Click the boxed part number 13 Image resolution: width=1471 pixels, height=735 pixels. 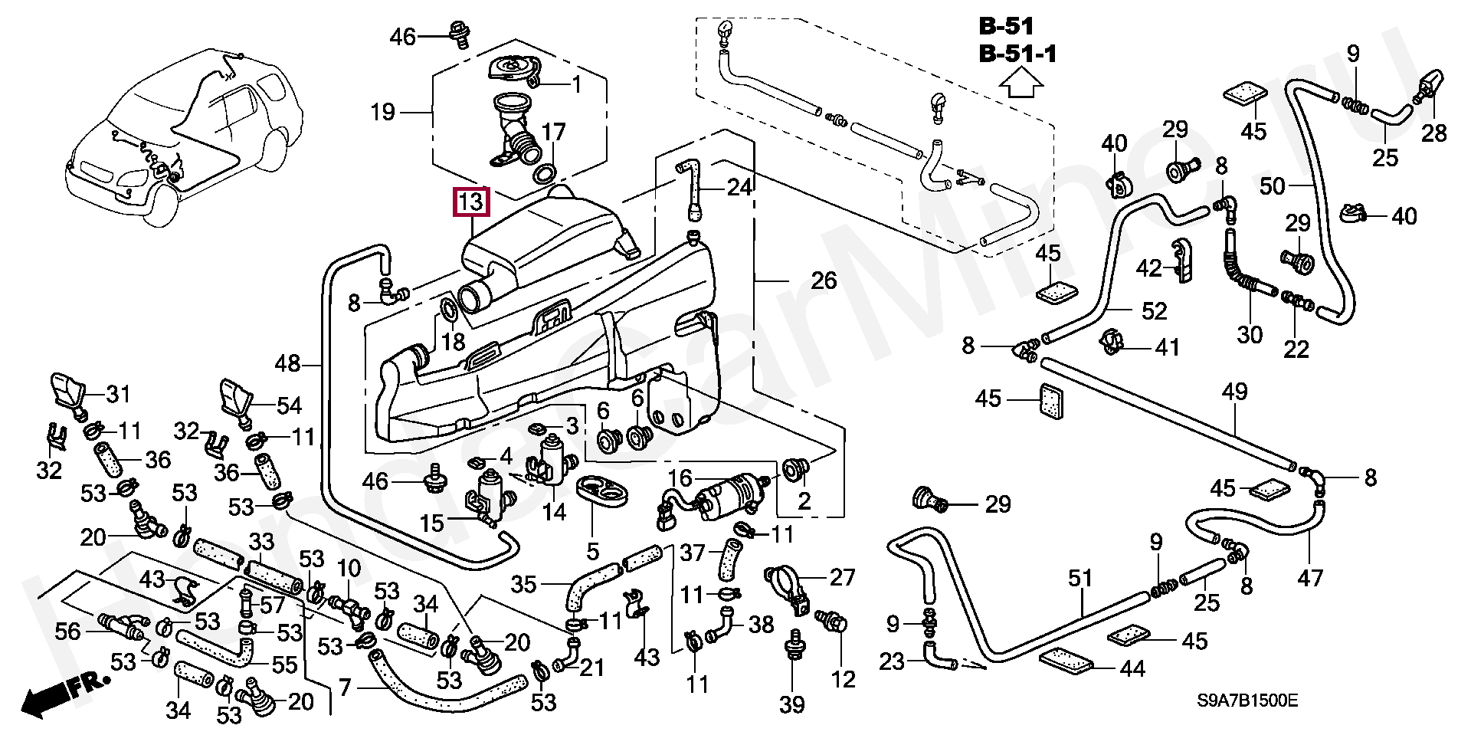(x=471, y=202)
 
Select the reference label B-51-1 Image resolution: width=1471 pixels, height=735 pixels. (x=1017, y=54)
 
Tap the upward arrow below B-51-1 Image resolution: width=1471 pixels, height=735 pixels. (x=1023, y=82)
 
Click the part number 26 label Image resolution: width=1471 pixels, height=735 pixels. (x=824, y=281)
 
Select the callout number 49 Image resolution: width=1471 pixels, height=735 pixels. (x=1234, y=392)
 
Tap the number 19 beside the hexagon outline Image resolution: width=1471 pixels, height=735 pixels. (x=382, y=113)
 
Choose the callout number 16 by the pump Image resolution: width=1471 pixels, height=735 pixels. (x=680, y=479)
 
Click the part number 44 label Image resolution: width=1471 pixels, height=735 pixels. (x=1132, y=669)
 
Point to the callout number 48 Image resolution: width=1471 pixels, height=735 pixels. (x=287, y=363)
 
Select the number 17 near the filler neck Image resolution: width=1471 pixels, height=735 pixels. (x=553, y=133)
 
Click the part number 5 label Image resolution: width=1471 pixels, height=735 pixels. (x=592, y=550)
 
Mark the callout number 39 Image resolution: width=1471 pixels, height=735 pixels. (x=792, y=704)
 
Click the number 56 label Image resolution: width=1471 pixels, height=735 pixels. (x=67, y=632)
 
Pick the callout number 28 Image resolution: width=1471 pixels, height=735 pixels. (x=1433, y=133)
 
